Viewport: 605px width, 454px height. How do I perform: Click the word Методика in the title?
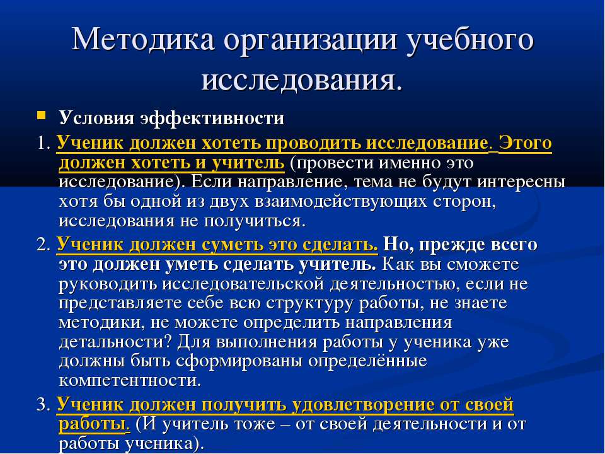[143, 39]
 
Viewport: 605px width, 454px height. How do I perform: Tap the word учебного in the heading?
[470, 40]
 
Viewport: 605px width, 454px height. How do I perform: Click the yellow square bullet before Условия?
[41, 115]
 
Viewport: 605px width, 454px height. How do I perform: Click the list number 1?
[43, 144]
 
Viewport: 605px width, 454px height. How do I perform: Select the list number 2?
[43, 245]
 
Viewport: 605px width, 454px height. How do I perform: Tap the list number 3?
[43, 405]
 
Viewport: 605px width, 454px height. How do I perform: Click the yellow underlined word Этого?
[525, 143]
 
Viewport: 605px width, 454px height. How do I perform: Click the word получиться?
[254, 221]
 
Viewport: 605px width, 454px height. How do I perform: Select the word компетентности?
[130, 381]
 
